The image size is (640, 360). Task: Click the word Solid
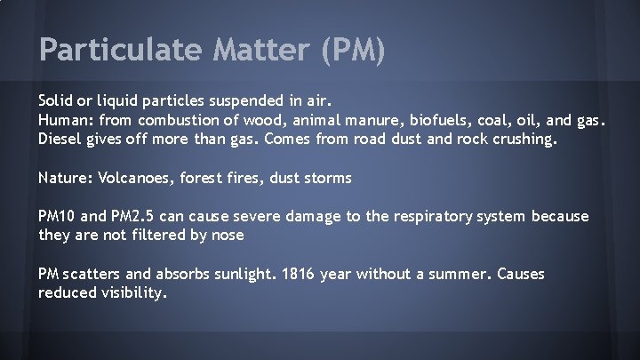coord(57,100)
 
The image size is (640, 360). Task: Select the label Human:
coord(67,120)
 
